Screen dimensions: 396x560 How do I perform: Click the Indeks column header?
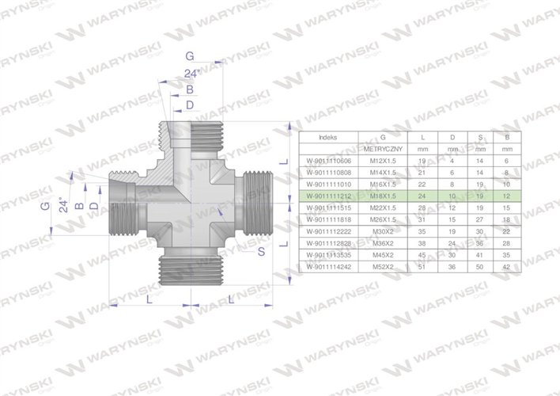(327, 136)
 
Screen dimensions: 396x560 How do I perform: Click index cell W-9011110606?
(327, 160)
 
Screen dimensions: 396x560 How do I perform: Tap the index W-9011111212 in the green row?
(327, 195)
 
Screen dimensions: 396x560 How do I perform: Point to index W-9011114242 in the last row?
(327, 267)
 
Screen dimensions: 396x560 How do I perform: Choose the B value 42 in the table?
(505, 267)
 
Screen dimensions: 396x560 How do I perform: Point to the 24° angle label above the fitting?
(191, 74)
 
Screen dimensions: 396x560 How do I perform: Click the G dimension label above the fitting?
(189, 56)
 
